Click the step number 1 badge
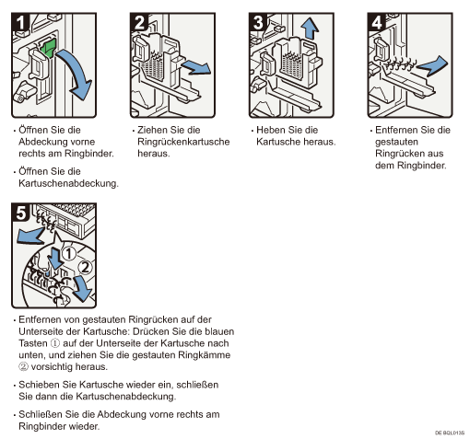pos(20,22)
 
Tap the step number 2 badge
pos(139,22)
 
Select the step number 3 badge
pos(258,22)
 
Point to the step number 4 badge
pos(377,22)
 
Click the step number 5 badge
pos(20,212)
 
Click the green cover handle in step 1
pos(49,48)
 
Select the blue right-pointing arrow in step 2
pos(196,67)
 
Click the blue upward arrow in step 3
pos(310,28)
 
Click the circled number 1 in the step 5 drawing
pos(69,253)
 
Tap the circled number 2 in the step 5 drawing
pos(85,267)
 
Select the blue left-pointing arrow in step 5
pos(30,236)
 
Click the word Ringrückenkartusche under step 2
pos(183,142)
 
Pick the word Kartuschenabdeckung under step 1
pos(68,183)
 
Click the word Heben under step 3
pos(271,130)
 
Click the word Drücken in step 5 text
pos(151,331)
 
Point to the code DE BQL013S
pos(450,433)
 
